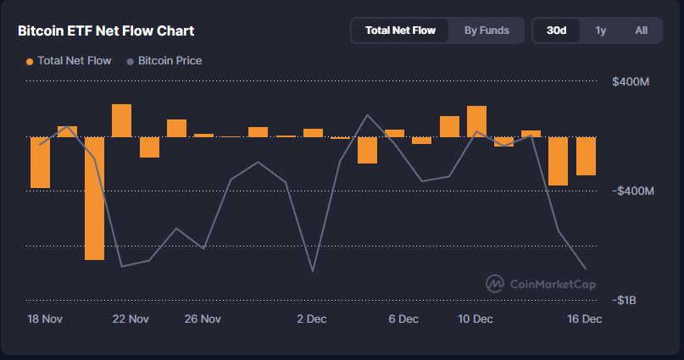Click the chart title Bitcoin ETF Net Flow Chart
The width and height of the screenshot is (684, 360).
coord(106,31)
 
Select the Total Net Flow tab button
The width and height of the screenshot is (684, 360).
coord(400,30)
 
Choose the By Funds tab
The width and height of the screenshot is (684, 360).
coord(487,30)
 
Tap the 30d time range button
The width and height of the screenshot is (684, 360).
coord(557,30)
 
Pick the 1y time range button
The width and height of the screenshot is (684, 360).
coord(600,30)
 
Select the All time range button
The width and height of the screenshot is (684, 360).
coord(641,30)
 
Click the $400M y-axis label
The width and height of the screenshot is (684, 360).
coord(631,82)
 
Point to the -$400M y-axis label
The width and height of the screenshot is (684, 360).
coord(632,191)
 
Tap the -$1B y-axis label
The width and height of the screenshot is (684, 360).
coord(626,301)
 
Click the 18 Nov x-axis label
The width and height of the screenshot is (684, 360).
coord(46,319)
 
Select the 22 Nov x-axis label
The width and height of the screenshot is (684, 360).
coord(131,319)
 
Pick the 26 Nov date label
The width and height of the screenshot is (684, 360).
coord(203,319)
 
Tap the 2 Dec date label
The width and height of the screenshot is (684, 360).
coord(312,319)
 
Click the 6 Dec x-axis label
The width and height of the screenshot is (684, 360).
coord(403,319)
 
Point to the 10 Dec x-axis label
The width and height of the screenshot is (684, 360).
coord(475,319)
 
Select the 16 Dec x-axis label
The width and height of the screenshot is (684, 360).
coord(585,319)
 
